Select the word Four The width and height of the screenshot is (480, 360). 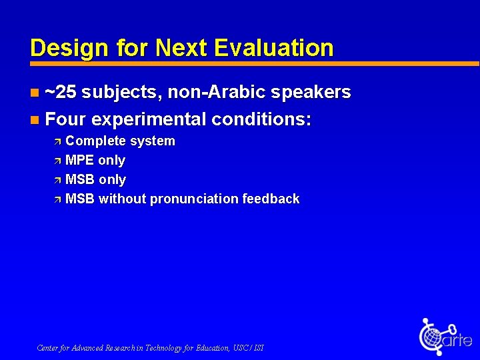coord(65,119)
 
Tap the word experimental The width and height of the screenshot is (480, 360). coord(149,119)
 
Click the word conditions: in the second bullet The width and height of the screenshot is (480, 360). coord(261,119)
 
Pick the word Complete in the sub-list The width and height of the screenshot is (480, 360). coord(96,141)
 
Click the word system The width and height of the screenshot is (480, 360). coord(153,141)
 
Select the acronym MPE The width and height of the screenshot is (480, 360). coord(80,161)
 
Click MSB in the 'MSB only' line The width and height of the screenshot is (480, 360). coord(80,180)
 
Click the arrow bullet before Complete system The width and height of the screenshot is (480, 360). coord(57,141)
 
